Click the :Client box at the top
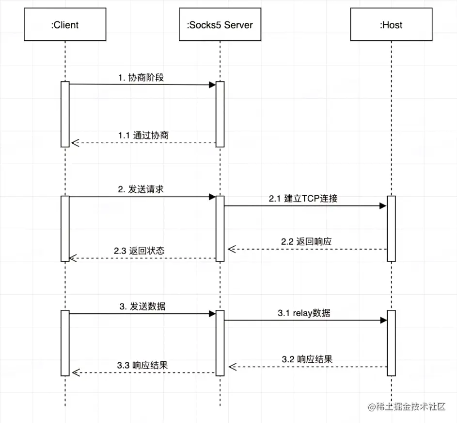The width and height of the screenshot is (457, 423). pos(64,24)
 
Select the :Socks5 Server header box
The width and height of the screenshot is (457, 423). pos(220,24)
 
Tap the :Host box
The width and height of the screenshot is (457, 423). pos(391,24)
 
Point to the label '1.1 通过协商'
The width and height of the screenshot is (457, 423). pos(143,135)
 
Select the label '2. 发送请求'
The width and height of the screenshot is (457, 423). pos(141,189)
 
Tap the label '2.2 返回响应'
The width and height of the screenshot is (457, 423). pos(306,241)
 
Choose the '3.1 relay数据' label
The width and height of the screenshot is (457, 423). pos(304,313)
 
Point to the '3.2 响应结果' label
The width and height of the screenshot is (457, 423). pos(307,359)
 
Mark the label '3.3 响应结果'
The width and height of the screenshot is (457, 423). pos(142,365)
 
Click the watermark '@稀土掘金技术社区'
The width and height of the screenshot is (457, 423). pos(406,406)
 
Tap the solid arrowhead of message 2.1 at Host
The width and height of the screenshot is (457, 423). pos(383,206)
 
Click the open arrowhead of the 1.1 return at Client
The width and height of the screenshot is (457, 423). pos(74,143)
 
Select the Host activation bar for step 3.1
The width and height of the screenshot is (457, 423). pos(392,343)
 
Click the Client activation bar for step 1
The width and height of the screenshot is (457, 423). pos(65,114)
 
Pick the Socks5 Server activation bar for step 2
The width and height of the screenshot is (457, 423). pos(220,228)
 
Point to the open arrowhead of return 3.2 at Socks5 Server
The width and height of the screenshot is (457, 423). pos(231,367)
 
